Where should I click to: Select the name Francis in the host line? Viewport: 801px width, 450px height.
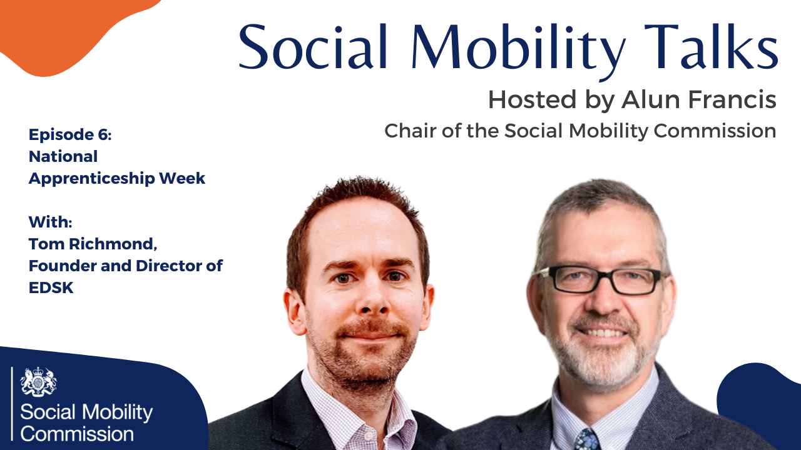tap(732, 99)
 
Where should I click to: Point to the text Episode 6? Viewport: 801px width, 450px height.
tap(70, 134)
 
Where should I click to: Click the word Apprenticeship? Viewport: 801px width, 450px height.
tap(91, 179)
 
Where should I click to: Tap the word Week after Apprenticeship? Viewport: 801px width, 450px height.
tap(182, 178)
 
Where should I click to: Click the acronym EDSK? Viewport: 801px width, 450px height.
tap(51, 287)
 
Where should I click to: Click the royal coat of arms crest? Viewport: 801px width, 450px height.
tap(38, 382)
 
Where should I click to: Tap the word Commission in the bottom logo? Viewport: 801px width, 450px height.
tap(77, 434)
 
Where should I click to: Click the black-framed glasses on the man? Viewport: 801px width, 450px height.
tap(602, 281)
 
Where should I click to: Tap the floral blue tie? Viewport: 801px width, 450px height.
tap(587, 439)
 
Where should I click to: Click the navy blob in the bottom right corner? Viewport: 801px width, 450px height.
tap(762, 407)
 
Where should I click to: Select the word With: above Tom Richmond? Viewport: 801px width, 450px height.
tap(51, 222)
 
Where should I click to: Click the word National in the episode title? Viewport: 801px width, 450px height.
tap(63, 156)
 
